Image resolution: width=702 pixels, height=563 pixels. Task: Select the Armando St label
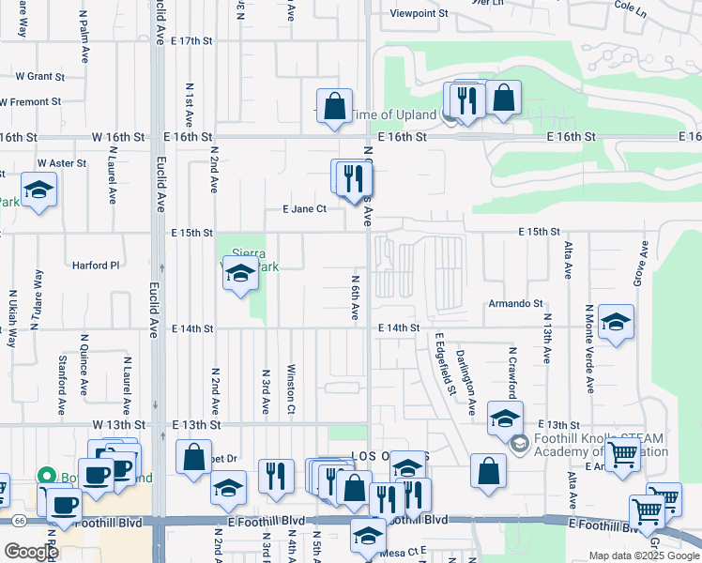[515, 303]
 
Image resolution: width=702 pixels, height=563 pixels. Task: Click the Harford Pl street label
[96, 266]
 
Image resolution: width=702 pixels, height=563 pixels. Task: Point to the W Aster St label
[61, 163]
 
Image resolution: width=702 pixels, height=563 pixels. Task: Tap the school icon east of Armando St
[615, 325]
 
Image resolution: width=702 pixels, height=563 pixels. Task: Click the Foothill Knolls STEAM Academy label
[601, 444]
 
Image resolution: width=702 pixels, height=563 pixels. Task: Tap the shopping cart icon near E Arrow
[623, 456]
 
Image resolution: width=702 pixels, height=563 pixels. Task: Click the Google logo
[31, 551]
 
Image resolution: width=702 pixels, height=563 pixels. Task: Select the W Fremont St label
[31, 101]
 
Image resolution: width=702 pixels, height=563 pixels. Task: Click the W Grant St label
[38, 76]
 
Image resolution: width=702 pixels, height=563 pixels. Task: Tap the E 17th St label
[193, 41]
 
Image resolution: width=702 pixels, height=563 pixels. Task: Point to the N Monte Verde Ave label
[589, 348]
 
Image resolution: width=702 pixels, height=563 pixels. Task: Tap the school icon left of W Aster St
[38, 192]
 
